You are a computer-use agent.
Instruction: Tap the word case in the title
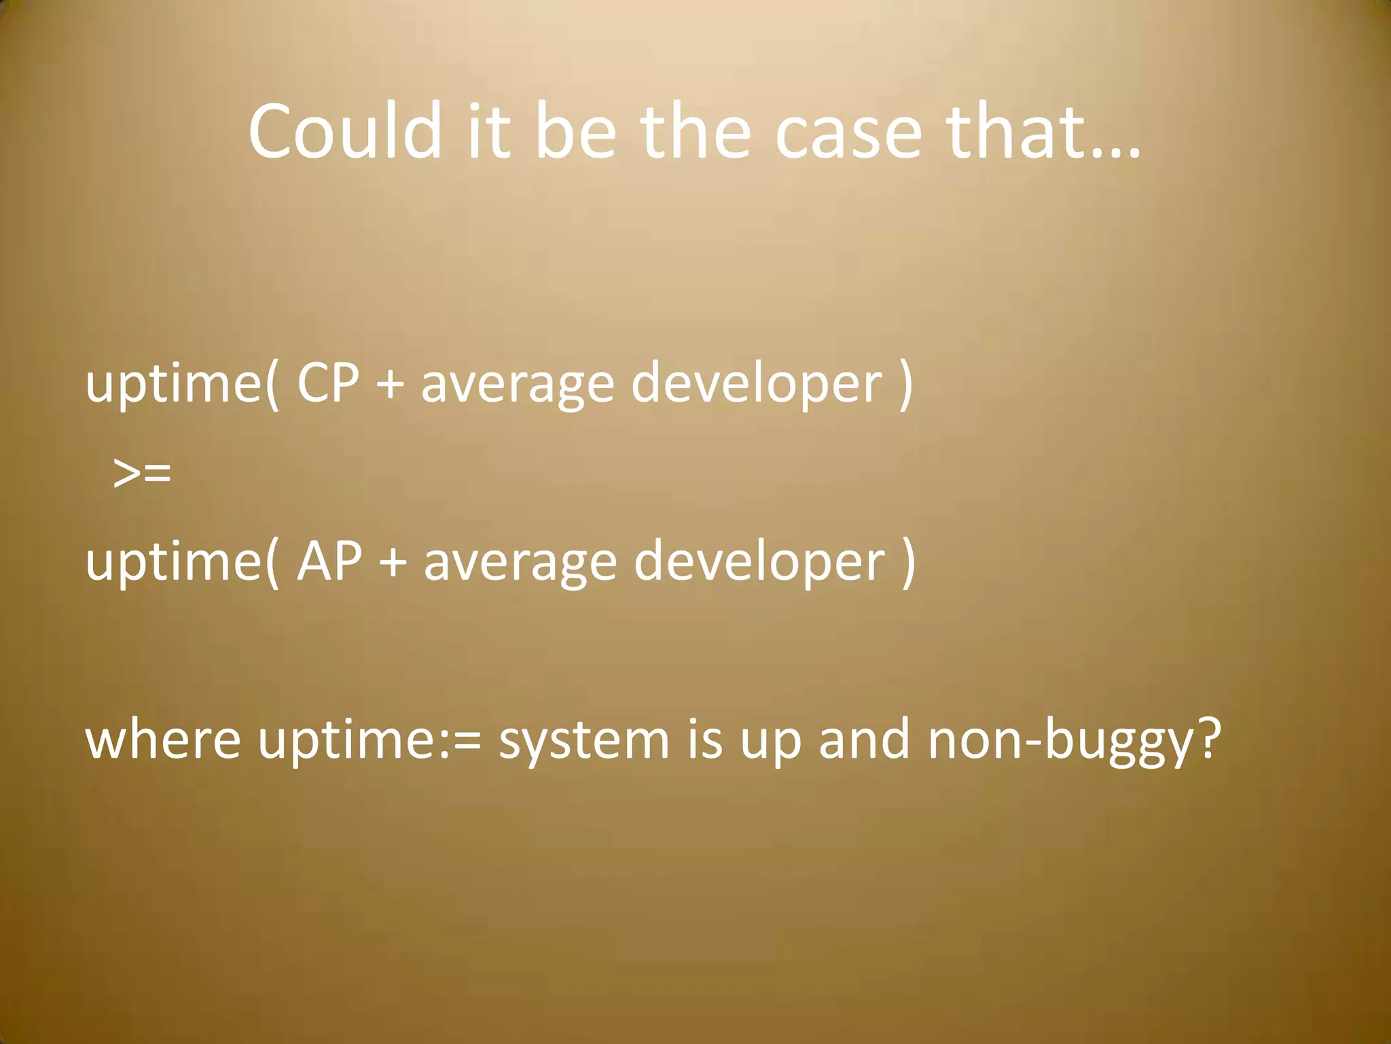[x=848, y=133]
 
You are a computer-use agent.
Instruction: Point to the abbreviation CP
[x=327, y=383]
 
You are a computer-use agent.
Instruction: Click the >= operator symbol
[x=142, y=473]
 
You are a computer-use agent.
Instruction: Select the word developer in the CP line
[x=757, y=383]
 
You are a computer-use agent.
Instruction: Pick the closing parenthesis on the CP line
[x=905, y=385]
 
